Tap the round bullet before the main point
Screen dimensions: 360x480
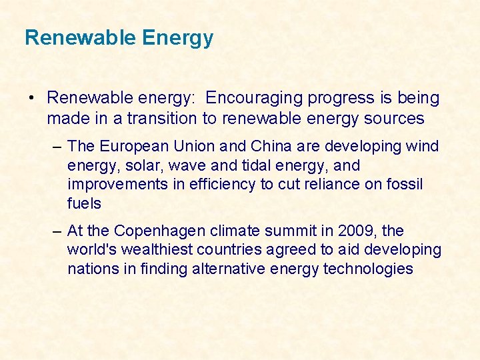pos(31,99)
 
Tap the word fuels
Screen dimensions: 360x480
pos(84,204)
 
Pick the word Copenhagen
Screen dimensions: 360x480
pos(159,231)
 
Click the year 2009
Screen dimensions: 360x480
pos(357,231)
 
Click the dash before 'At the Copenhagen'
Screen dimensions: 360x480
pos(59,231)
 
